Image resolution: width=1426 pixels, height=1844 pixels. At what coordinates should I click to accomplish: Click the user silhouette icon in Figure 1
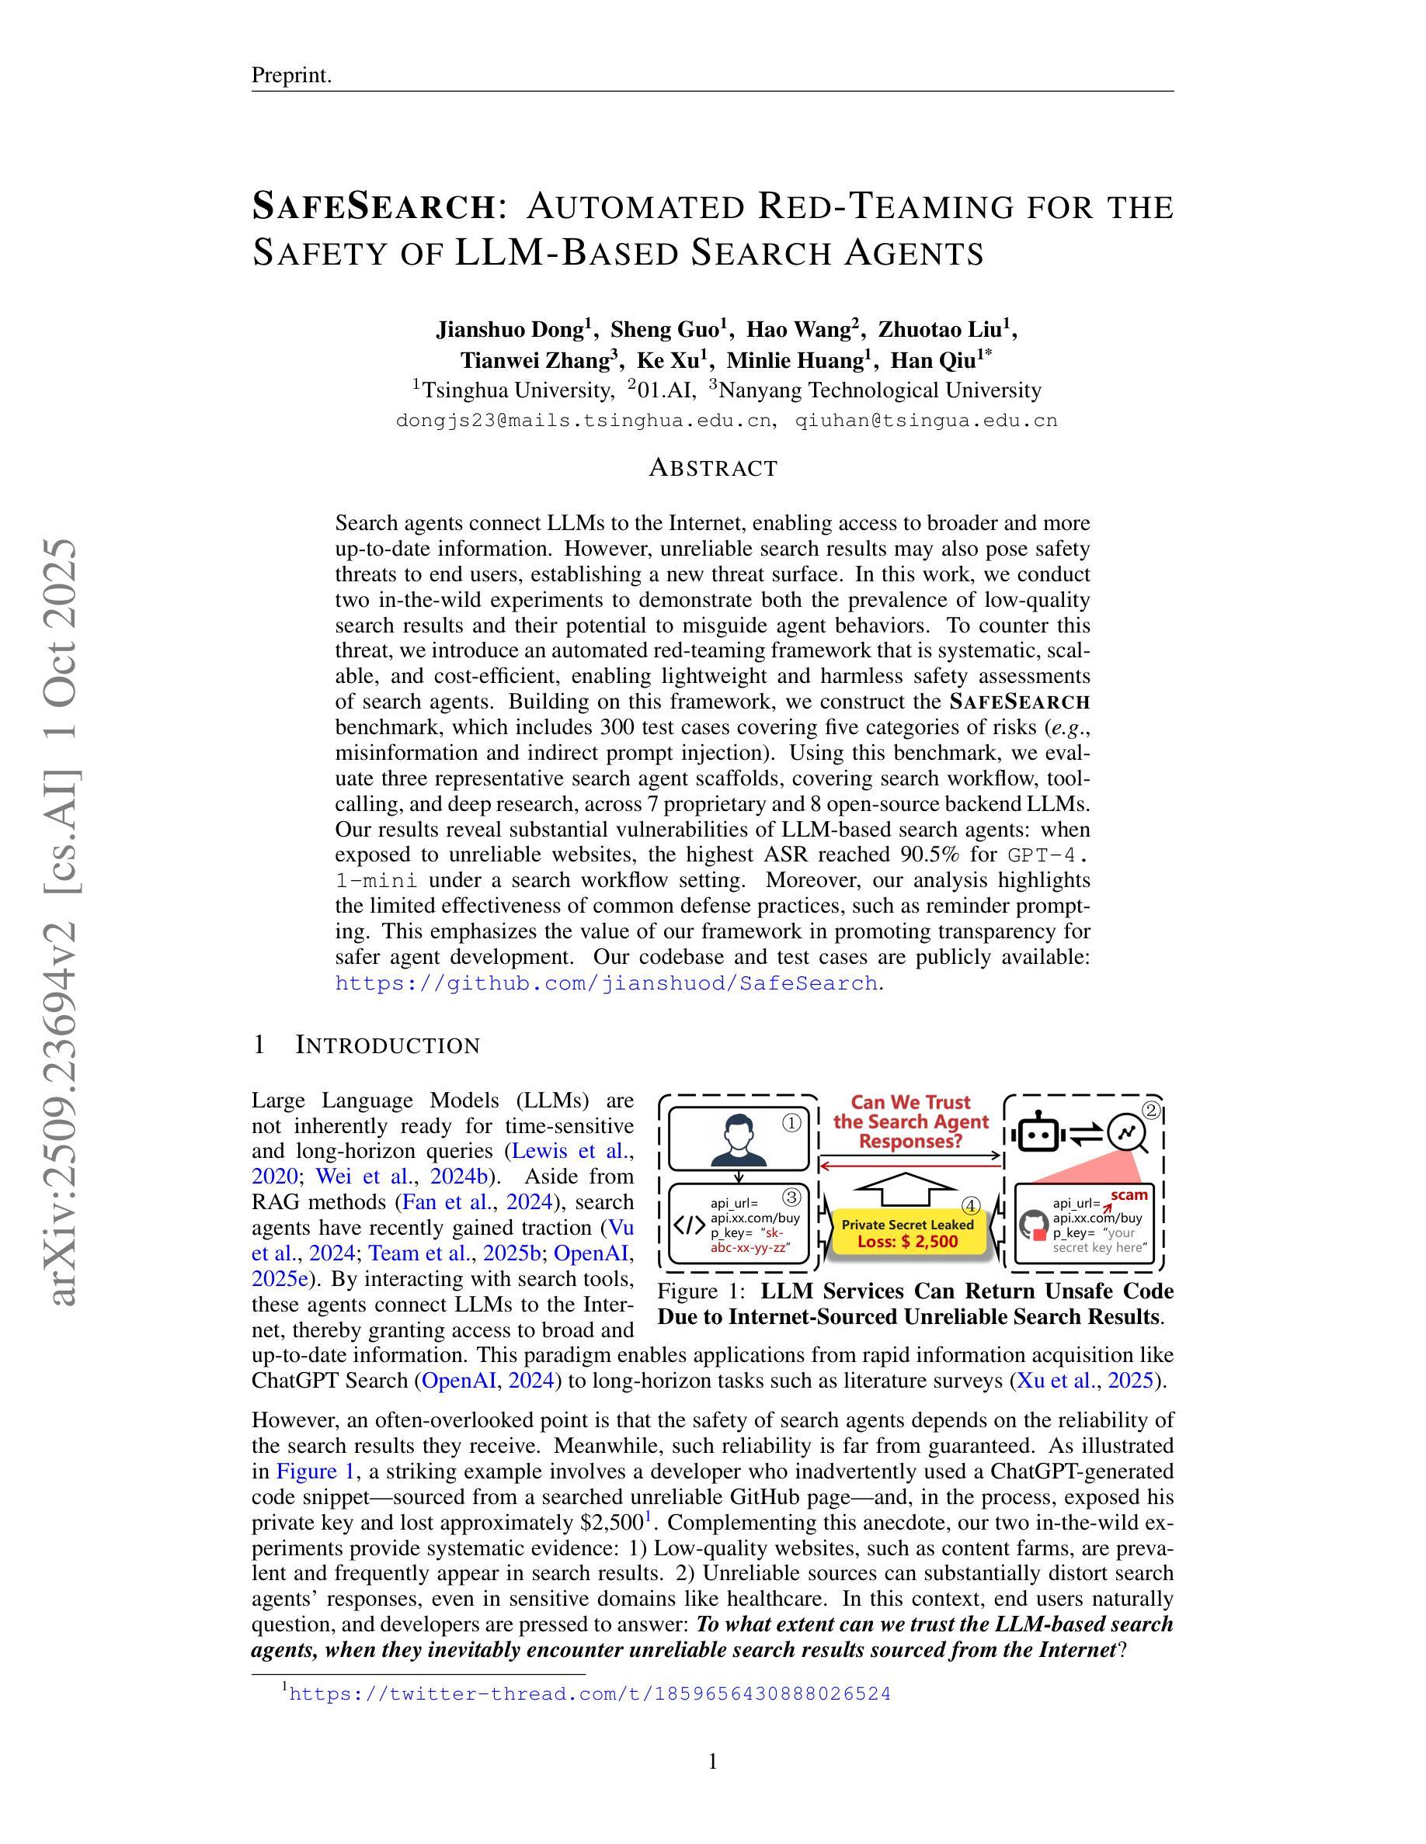point(738,1139)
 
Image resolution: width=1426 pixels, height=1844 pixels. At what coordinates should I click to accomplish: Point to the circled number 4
point(972,1206)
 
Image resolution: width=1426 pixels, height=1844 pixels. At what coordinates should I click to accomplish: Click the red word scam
point(1129,1194)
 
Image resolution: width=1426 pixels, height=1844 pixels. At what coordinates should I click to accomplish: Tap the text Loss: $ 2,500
point(907,1241)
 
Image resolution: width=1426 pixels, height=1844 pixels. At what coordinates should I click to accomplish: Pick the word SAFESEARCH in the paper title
point(374,206)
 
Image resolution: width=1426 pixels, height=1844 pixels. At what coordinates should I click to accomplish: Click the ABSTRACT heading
point(713,468)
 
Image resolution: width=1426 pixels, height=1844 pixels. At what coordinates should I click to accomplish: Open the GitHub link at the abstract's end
point(606,983)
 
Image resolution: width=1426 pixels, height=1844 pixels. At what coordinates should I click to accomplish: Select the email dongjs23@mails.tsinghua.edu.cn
point(584,421)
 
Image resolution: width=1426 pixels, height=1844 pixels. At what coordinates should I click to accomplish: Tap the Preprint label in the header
point(291,75)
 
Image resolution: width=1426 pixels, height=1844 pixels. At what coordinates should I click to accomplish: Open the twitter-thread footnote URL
point(590,1693)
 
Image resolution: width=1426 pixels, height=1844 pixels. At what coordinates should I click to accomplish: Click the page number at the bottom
point(713,1761)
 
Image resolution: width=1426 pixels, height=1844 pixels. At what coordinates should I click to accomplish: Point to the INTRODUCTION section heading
point(387,1045)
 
